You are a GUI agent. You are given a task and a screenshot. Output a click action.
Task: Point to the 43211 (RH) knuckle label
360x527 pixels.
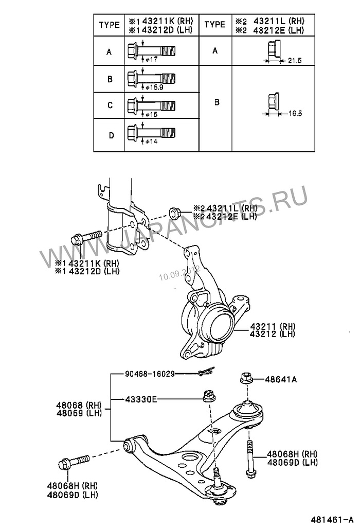pos(273,326)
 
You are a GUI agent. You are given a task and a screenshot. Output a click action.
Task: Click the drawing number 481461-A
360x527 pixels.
pos(332,518)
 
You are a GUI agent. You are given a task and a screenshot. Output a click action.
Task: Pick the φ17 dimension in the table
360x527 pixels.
pos(150,59)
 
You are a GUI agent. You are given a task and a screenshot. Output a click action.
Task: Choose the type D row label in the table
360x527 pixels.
pos(109,135)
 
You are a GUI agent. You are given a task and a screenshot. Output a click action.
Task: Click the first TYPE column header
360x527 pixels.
pos(109,24)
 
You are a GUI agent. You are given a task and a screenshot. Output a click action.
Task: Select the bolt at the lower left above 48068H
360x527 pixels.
pos(73,461)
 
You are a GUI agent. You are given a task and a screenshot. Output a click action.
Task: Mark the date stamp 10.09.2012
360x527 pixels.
pos(177,272)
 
